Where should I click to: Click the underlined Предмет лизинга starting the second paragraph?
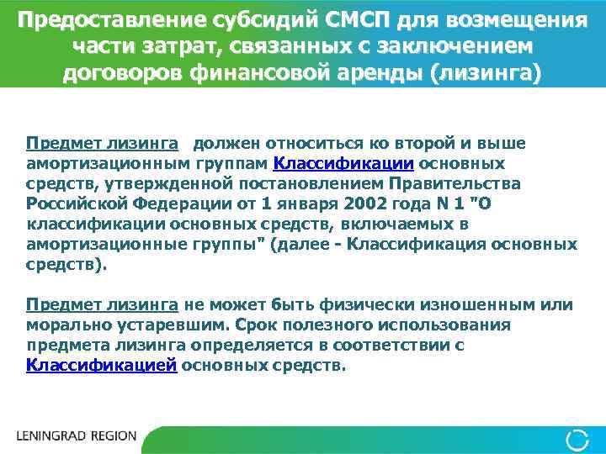click(101, 304)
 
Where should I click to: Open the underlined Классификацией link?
click(101, 366)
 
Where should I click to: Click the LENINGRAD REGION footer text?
click(76, 437)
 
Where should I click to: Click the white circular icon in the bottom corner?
click(577, 437)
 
